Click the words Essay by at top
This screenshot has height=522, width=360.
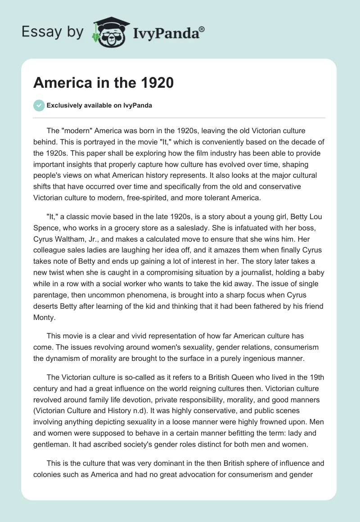[52, 32]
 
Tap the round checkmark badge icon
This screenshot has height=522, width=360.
[39, 106]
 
